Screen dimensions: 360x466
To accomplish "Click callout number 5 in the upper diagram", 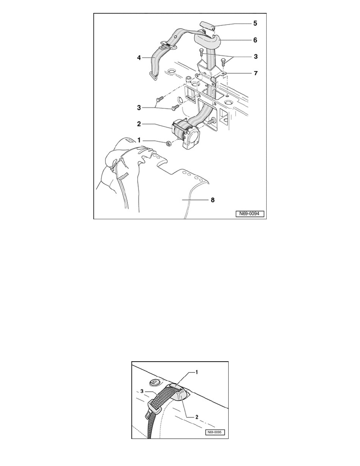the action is (x=255, y=23).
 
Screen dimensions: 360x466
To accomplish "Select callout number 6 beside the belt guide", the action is (x=255, y=40).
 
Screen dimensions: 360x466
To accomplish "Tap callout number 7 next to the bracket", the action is (x=255, y=73).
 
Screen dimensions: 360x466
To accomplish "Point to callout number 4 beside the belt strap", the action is (x=139, y=58).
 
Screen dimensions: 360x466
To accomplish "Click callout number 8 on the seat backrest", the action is (x=213, y=200).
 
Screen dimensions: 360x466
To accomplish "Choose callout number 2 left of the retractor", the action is (x=139, y=124).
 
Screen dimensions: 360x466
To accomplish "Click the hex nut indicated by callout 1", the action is (x=168, y=144).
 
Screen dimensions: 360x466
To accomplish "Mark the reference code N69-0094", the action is (x=250, y=214).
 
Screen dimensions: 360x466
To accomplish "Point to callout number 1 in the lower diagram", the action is (x=196, y=372).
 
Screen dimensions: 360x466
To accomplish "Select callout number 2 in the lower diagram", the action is (x=196, y=417).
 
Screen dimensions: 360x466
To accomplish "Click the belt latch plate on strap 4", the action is (x=167, y=46).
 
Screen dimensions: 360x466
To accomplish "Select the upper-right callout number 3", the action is (x=255, y=56).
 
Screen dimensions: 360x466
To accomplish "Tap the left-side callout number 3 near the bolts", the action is (x=139, y=107).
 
